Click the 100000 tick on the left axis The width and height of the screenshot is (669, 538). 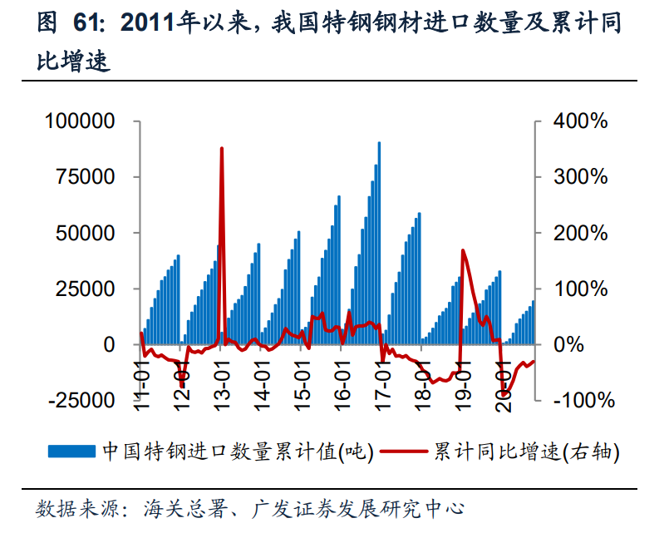pyautogui.click(x=80, y=121)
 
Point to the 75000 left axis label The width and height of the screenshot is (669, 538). pyautogui.click(x=86, y=177)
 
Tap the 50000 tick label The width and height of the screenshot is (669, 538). pyautogui.click(x=86, y=233)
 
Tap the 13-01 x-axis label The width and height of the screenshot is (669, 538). pyautogui.click(x=223, y=381)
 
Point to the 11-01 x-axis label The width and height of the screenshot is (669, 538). pyautogui.click(x=142, y=381)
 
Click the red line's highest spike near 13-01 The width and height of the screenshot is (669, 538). pyautogui.click(x=222, y=149)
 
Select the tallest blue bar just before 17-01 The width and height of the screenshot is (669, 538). pyautogui.click(x=380, y=143)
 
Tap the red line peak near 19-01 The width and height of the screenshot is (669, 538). pyautogui.click(x=463, y=250)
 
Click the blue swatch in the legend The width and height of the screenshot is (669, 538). pyautogui.click(x=73, y=452)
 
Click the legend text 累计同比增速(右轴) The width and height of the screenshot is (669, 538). pyautogui.click(x=525, y=452)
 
